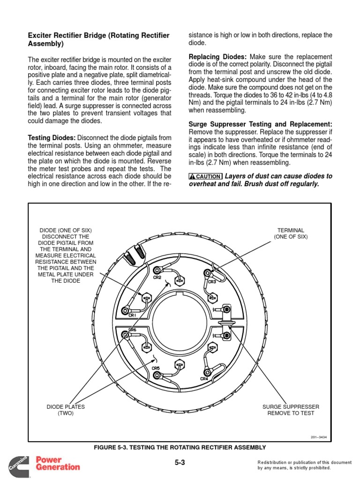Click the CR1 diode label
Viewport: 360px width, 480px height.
click(132, 315)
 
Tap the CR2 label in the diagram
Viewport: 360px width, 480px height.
click(157, 277)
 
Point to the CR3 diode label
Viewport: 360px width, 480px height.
click(212, 282)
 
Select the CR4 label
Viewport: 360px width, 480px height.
click(204, 378)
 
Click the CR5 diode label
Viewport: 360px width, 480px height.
click(156, 368)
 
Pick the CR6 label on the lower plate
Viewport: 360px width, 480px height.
click(133, 330)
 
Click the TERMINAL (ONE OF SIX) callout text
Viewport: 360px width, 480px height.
click(291, 233)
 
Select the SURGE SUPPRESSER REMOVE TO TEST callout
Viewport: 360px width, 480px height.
click(291, 410)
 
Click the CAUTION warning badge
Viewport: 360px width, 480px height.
click(205, 176)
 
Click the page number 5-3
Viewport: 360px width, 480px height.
click(180, 463)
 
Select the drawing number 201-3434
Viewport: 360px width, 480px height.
click(318, 437)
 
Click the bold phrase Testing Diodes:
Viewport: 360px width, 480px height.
click(52, 137)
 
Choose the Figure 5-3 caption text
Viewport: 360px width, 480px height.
click(180, 448)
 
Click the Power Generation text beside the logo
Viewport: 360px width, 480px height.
click(58, 463)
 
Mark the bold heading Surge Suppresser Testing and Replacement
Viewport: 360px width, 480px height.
click(260, 124)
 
